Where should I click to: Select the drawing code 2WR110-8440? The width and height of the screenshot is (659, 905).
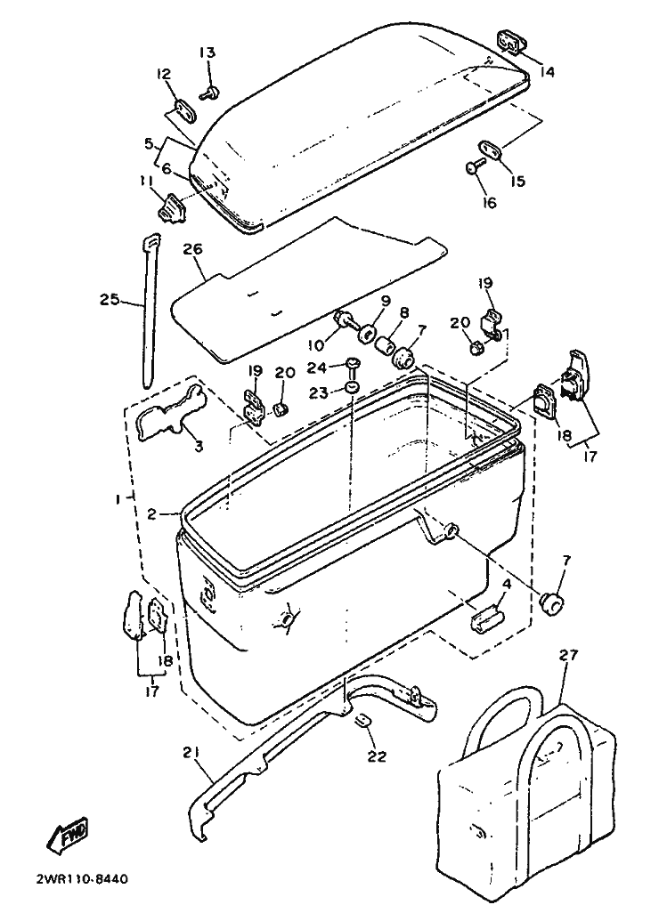tap(82, 880)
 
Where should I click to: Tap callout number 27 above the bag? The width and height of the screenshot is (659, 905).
tap(568, 656)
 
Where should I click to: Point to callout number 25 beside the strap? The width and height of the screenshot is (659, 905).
tap(110, 301)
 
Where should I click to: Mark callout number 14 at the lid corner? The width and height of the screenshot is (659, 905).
tap(546, 72)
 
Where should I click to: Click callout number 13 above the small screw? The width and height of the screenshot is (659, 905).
tap(207, 53)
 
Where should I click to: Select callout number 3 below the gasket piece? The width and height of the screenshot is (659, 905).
tap(199, 445)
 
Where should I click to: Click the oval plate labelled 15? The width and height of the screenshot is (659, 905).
tap(492, 147)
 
